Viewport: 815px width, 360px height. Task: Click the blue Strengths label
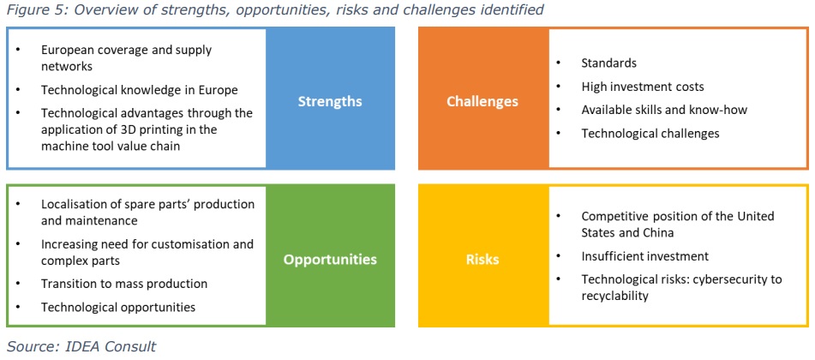[330, 101]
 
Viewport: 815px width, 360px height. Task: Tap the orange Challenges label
[482, 101]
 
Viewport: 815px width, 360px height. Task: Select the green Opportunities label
[330, 259]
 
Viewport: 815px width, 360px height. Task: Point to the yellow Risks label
[482, 259]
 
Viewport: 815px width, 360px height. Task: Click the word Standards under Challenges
[609, 63]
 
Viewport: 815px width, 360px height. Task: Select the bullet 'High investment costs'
[643, 87]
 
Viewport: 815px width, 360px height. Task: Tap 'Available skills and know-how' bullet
[665, 110]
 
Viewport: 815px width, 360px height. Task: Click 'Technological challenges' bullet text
[650, 133]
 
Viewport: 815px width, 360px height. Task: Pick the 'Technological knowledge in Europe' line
[140, 90]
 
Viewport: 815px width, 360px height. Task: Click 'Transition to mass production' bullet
[124, 284]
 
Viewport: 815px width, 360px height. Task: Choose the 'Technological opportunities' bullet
[118, 307]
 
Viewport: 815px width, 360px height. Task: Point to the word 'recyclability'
[614, 296]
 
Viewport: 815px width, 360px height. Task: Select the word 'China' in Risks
[657, 232]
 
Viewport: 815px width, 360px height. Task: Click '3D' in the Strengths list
[132, 129]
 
